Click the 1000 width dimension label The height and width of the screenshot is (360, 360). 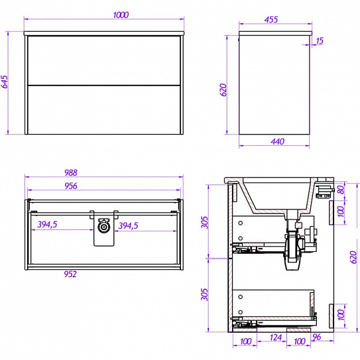point(121,15)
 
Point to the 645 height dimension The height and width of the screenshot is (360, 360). point(5,82)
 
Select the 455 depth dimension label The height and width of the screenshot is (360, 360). point(271,20)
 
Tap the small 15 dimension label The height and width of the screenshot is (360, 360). point(320,41)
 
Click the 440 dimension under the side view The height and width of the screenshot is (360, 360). point(277,141)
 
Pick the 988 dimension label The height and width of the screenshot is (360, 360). point(70,172)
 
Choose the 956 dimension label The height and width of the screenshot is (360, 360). point(71,186)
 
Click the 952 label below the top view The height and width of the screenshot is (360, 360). point(70,274)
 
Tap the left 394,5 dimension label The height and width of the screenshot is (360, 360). point(47,224)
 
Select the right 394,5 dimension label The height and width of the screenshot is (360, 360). point(128,225)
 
